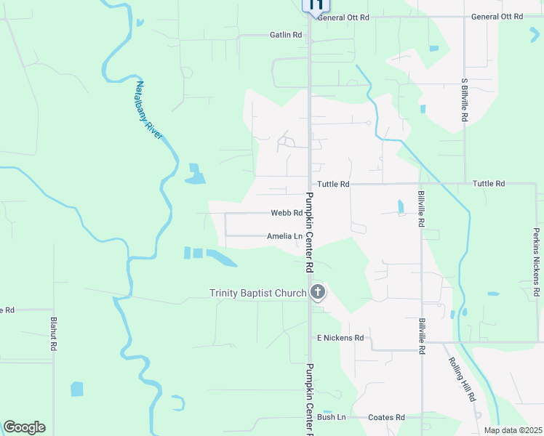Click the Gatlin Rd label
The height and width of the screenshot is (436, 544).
[285, 35]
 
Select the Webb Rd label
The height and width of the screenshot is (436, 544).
[286, 213]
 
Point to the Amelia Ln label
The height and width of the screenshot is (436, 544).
[284, 236]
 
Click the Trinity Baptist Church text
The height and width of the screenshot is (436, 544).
[258, 294]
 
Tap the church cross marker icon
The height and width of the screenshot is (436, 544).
[317, 293]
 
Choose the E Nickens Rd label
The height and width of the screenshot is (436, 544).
[340, 338]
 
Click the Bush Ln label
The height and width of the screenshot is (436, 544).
[331, 417]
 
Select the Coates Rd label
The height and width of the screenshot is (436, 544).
[386, 417]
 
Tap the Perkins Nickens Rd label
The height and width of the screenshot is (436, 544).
[536, 264]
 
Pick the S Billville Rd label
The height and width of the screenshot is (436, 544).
[464, 99]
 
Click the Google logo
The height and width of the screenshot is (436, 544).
[24, 427]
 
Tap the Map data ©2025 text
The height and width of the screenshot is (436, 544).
[513, 430]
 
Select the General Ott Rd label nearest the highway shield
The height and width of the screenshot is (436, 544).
[343, 17]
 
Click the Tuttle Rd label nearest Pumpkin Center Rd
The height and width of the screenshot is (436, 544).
[333, 184]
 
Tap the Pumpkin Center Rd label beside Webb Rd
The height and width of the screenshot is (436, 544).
[309, 232]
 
